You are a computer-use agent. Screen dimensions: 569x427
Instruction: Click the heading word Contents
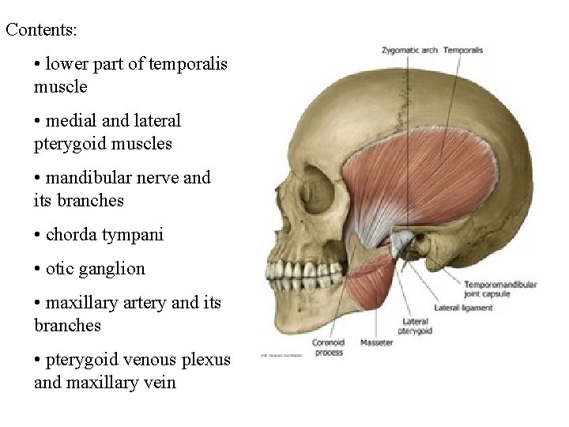(41, 30)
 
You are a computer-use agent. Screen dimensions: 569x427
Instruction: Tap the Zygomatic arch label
(409, 51)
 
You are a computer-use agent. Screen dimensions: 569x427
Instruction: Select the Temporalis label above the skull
(463, 51)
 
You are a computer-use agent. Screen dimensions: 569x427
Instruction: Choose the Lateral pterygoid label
(415, 327)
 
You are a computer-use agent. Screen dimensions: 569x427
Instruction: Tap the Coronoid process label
(328, 348)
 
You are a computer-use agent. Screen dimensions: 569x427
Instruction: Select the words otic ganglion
(96, 268)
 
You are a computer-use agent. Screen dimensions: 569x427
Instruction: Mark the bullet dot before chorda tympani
(38, 235)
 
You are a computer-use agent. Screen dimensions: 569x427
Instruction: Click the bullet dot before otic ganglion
(38, 269)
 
